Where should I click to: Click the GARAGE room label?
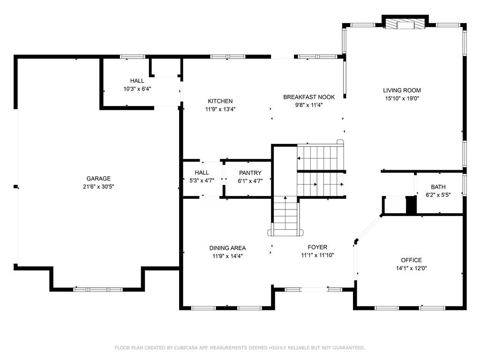coord(98,179)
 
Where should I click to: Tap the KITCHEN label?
coord(220,101)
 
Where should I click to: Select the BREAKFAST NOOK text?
coord(309,97)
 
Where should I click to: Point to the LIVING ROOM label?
coord(402,90)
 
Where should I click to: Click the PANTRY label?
coord(250,173)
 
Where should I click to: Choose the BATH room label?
coord(438,187)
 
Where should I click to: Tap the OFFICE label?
coord(411,260)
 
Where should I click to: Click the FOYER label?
coord(317,247)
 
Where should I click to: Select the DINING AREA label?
coord(227,248)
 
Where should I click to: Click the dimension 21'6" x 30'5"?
coord(98,187)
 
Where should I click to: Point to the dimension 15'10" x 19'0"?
coord(402,98)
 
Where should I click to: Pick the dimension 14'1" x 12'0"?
coord(411,268)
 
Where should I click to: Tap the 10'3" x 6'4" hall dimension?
coord(137,89)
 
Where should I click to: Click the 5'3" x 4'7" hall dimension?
coord(202,180)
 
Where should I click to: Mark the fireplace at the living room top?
coord(405,24)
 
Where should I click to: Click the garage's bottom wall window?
coord(98,289)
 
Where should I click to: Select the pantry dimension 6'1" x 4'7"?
coord(250,181)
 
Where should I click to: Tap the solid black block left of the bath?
coord(411,205)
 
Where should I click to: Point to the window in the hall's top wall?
coord(132,57)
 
